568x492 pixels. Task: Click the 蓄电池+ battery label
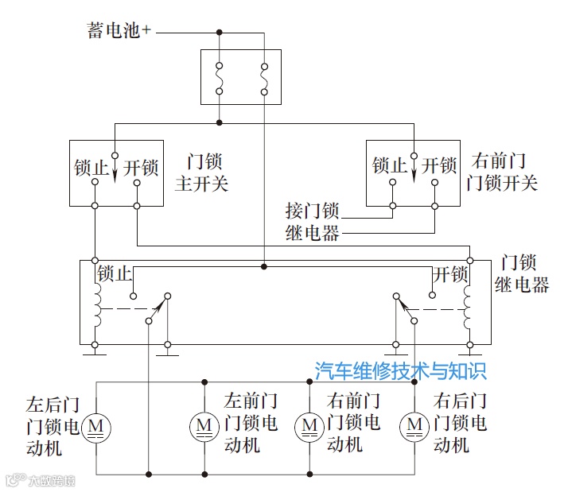tap(119, 31)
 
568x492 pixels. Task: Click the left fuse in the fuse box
tap(220, 77)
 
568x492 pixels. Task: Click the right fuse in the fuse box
tap(263, 77)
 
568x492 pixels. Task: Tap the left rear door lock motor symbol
tap(97, 427)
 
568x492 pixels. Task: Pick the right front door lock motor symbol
tap(309, 427)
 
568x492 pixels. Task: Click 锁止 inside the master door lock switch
tap(89, 169)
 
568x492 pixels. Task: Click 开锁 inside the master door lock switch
tap(141, 169)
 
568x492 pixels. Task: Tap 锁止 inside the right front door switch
tap(389, 166)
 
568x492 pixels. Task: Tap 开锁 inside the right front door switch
tap(439, 166)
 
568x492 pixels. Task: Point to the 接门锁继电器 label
tap(312, 222)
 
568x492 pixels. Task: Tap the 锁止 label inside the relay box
tap(114, 274)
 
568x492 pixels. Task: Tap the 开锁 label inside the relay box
tap(450, 274)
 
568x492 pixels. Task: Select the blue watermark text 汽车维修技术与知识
tap(400, 370)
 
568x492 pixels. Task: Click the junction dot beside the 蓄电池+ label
tap(220, 32)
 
